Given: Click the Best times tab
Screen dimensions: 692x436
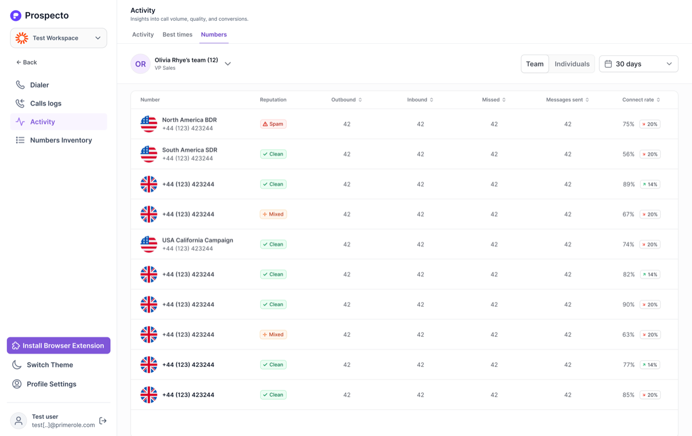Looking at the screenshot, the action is (x=178, y=34).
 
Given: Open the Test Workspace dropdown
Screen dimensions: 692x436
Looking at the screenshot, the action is (x=59, y=38).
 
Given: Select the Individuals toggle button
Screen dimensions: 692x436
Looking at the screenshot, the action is (x=572, y=64).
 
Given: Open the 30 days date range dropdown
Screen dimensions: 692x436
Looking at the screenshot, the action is (x=638, y=64).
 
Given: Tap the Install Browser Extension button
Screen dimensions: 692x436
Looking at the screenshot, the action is (x=59, y=345).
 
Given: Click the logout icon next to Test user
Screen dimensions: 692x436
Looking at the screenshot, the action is (x=103, y=420).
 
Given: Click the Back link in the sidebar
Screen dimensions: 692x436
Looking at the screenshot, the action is (x=27, y=62).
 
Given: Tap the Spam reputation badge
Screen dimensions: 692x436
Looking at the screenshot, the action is (x=273, y=124).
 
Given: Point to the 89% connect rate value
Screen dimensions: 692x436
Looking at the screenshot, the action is (x=629, y=184).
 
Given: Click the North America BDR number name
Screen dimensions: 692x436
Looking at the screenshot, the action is (x=189, y=120).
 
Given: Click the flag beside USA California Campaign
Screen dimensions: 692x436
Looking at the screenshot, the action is (x=149, y=244).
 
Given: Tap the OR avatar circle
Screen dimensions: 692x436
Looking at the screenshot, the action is (x=141, y=64).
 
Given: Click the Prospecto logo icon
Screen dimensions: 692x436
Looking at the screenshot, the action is (x=16, y=16).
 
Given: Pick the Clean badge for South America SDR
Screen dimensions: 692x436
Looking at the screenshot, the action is (x=273, y=154).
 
